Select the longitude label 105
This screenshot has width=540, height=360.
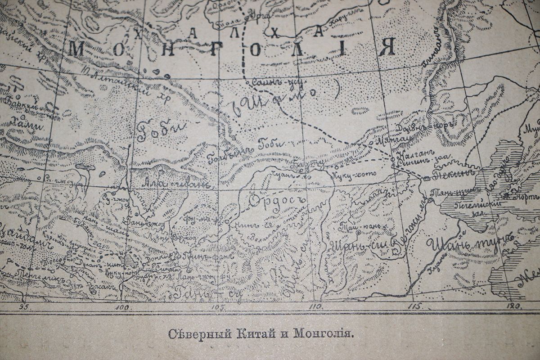click(x=219, y=307)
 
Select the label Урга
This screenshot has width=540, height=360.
click(x=260, y=16)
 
